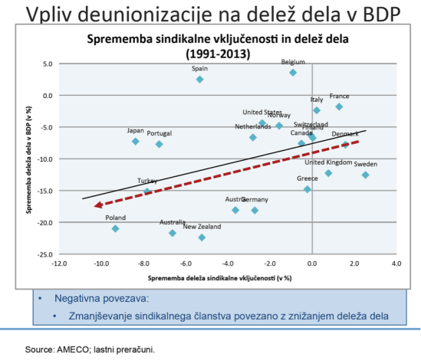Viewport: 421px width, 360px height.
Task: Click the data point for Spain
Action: (199, 79)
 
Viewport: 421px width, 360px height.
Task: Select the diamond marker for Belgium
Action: (293, 73)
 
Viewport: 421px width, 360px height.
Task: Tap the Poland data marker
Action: (116, 228)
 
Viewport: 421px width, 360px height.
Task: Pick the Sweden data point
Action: (366, 175)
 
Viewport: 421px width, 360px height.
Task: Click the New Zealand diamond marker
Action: (202, 237)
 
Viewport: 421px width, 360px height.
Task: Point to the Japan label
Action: (136, 131)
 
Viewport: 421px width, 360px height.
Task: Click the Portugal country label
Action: (160, 133)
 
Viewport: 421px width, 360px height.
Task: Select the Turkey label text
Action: (147, 182)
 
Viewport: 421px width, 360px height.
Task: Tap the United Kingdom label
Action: (327, 162)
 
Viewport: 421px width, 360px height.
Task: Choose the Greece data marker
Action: (308, 189)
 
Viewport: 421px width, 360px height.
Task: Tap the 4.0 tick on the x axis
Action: (396, 263)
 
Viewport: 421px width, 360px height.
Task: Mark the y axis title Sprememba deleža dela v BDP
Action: (28, 159)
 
